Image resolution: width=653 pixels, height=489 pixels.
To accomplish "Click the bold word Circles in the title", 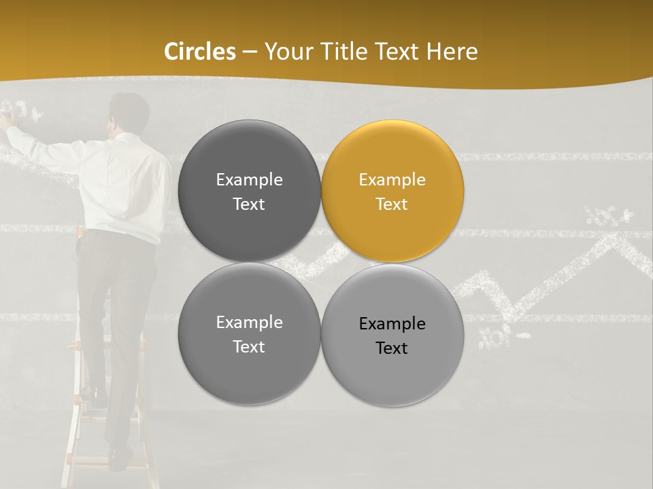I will pyautogui.click(x=200, y=52).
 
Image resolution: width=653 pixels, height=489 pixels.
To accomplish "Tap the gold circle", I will pyautogui.click(x=392, y=192).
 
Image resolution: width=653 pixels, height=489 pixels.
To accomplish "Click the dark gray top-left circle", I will pyautogui.click(x=249, y=192).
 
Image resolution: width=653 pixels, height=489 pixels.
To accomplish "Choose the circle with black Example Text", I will pyautogui.click(x=392, y=335).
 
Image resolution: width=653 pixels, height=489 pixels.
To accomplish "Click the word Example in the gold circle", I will pyautogui.click(x=392, y=180).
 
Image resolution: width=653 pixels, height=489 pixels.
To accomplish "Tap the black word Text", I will pyautogui.click(x=391, y=348).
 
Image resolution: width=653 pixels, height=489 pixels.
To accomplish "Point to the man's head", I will pyautogui.click(x=129, y=111).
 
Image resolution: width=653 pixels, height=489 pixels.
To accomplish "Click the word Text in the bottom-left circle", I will pyautogui.click(x=248, y=347).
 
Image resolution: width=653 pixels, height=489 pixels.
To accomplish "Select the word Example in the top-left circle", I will pyautogui.click(x=249, y=180).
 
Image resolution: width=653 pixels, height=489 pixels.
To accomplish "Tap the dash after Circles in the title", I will pyautogui.click(x=250, y=52).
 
